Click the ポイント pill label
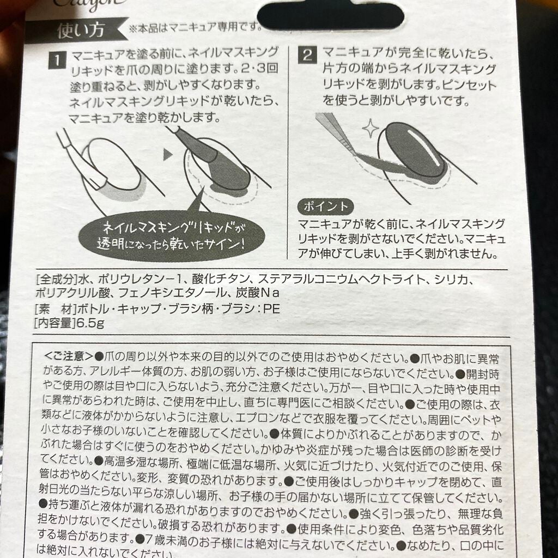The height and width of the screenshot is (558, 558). [325, 207]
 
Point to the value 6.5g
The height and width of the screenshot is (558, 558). [90, 323]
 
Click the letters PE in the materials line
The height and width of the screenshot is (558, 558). [271, 309]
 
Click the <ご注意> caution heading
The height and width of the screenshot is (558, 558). [68, 357]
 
